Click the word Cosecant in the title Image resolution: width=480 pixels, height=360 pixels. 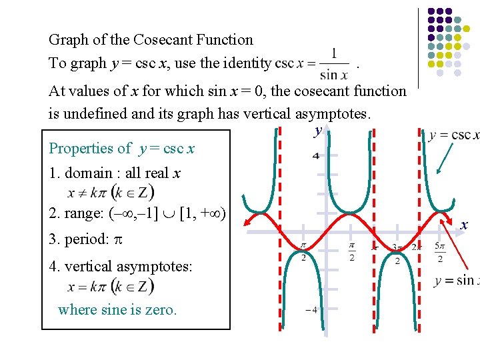(x=153, y=40)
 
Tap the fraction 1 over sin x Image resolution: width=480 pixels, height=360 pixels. (x=333, y=63)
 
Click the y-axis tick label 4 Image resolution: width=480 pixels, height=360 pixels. (x=315, y=156)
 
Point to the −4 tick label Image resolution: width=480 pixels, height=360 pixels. (x=311, y=310)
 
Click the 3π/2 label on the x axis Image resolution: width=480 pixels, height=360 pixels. (x=397, y=253)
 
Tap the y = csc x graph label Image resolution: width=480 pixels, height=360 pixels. (x=454, y=135)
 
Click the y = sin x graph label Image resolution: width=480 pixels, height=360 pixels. (x=457, y=281)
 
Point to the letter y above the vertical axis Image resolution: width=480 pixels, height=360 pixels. (x=318, y=130)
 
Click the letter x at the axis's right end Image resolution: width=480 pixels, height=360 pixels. (x=464, y=225)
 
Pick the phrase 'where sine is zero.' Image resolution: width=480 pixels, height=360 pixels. (x=117, y=309)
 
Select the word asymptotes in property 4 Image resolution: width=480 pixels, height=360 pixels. (x=154, y=267)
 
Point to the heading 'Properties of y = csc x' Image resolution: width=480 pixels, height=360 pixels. (x=122, y=148)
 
